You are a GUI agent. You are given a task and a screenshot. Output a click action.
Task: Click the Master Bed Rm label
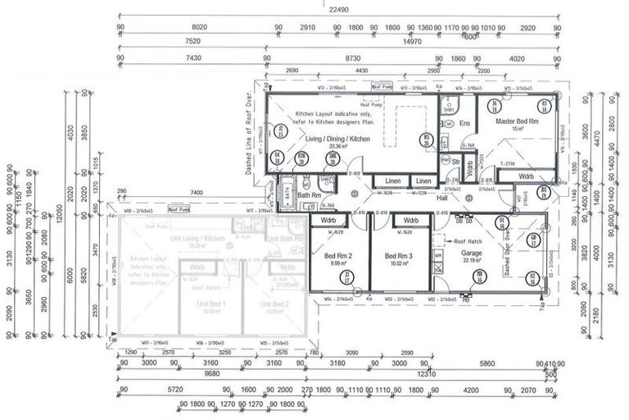click(517, 121)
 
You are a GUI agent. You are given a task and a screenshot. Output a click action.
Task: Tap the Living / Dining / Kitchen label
click(337, 139)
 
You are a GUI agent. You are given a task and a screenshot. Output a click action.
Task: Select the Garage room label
click(473, 253)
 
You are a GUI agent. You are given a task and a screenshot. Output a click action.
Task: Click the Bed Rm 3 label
click(400, 256)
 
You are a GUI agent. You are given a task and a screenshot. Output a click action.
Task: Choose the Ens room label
click(464, 123)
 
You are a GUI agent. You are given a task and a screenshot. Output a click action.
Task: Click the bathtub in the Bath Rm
click(288, 194)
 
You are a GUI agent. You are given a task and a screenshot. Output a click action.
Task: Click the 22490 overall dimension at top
click(338, 10)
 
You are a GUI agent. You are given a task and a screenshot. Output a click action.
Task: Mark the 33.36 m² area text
click(337, 148)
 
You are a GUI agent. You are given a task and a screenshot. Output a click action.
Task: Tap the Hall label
click(441, 198)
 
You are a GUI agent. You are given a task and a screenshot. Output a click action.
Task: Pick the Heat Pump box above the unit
click(179, 210)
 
